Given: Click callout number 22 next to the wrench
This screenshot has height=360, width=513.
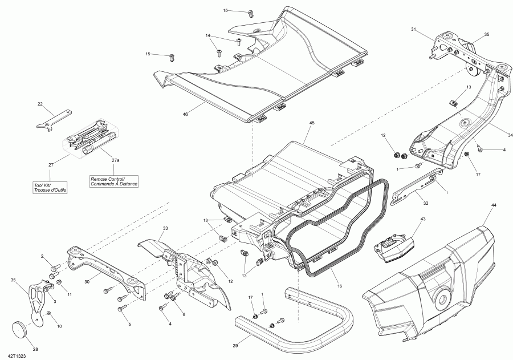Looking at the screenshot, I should [40, 104].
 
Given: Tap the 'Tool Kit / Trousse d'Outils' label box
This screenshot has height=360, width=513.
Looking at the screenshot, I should [50, 187].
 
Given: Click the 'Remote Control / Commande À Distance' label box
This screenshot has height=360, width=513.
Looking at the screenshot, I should [114, 181].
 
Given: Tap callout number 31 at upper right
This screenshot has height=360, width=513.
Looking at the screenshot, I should [414, 30].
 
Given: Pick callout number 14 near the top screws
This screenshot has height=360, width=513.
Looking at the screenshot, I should [209, 36].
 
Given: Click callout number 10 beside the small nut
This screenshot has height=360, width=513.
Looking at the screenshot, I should [59, 327].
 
